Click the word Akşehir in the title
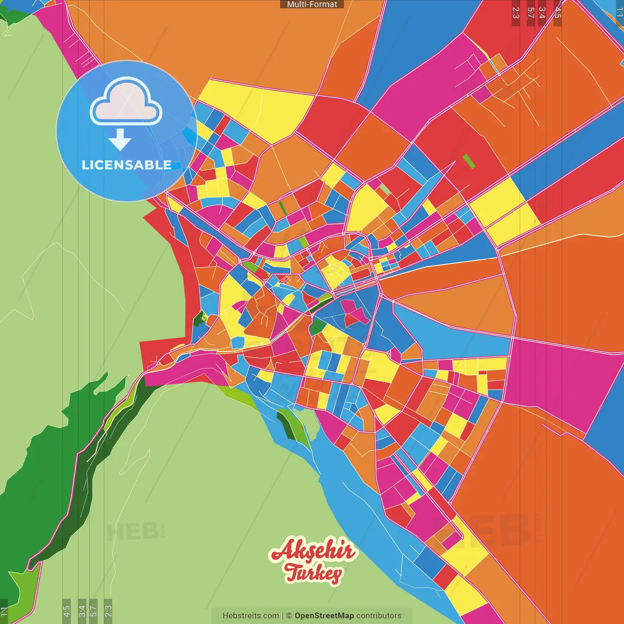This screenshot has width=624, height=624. point(313,551)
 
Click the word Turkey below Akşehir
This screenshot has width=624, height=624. point(314,573)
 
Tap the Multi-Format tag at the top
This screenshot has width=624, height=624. point(312,4)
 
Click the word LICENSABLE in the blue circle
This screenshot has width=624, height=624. point(127,165)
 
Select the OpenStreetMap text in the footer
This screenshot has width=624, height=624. point(324,616)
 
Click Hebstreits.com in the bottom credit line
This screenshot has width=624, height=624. point(251,616)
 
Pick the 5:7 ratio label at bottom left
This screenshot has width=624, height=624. point(94,611)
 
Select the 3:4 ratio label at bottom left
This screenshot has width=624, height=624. point(82,611)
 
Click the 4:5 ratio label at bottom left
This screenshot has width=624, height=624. point(66,611)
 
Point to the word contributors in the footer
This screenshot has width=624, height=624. point(379,616)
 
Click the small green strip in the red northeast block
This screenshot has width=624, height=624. point(468,161)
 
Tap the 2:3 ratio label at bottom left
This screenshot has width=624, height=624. point(108,611)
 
